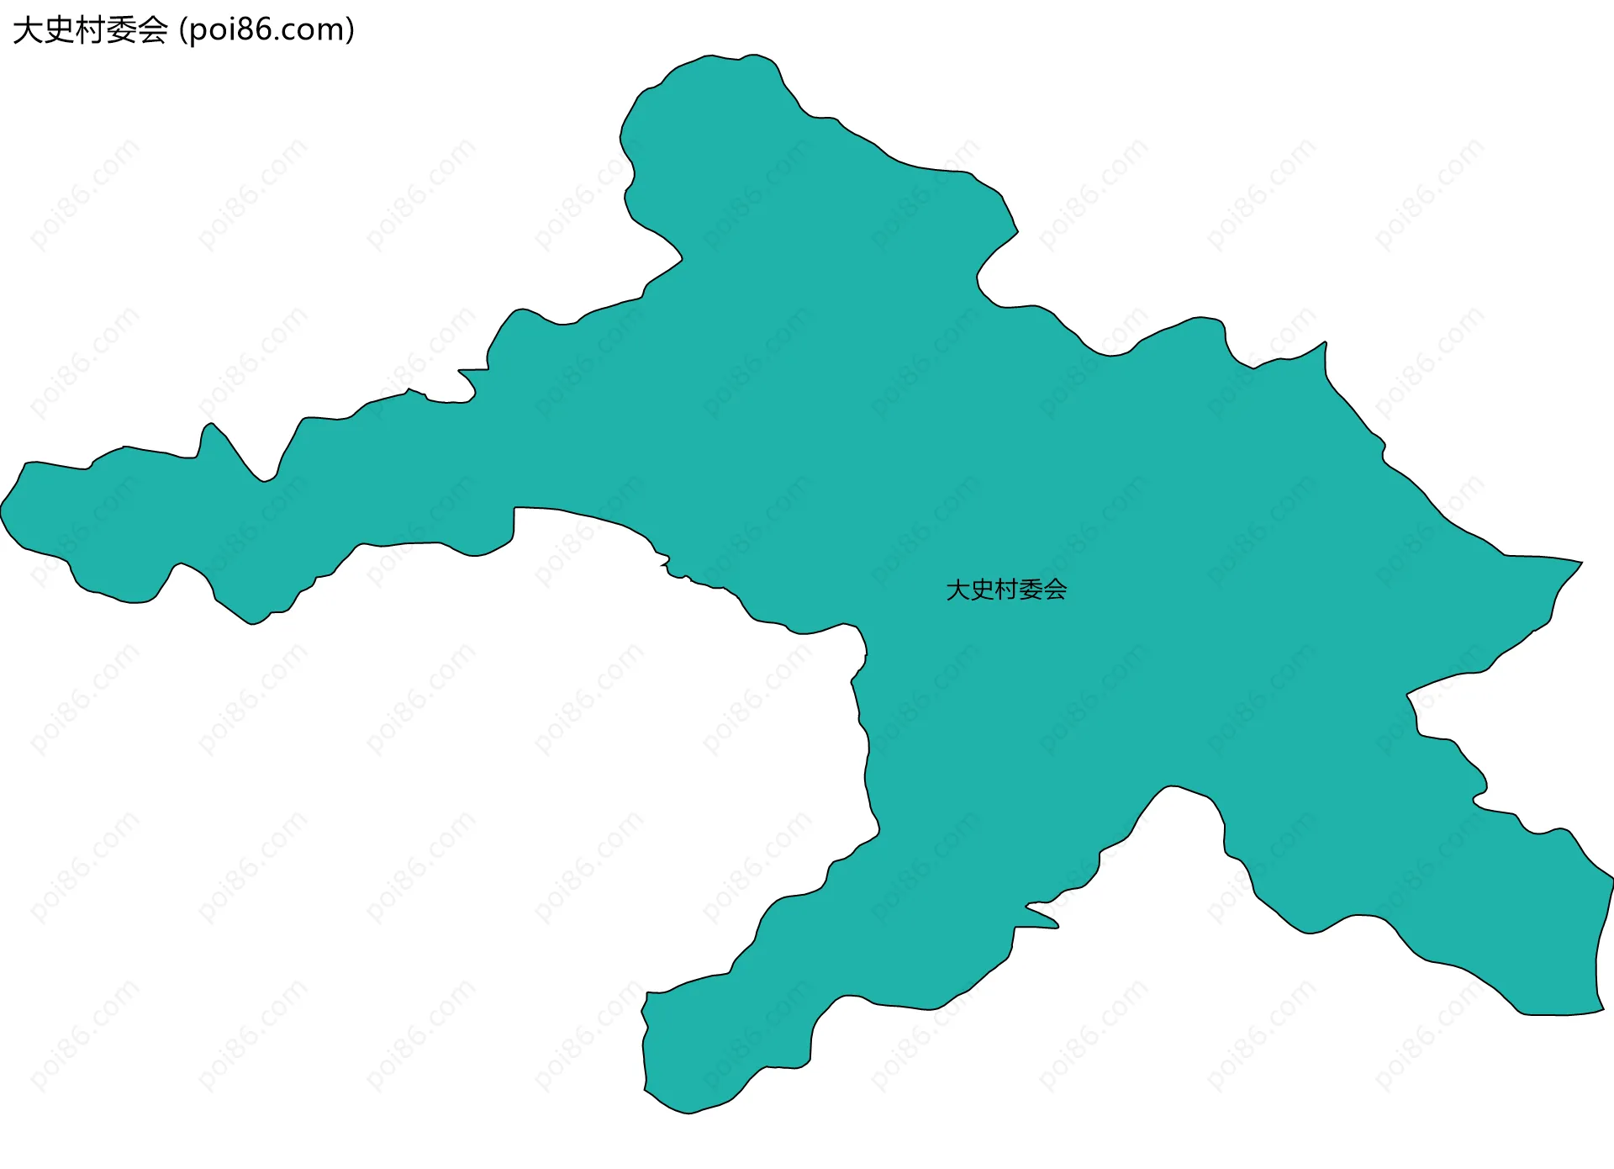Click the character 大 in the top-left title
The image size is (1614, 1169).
(27, 30)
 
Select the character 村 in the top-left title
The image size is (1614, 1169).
(90, 30)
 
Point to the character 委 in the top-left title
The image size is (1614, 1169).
(121, 30)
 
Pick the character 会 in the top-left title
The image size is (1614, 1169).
(152, 30)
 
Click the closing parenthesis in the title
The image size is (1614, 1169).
(350, 30)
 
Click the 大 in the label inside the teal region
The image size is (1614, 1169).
(958, 590)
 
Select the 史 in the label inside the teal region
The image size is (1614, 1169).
(983, 590)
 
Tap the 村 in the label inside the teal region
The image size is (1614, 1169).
(1006, 590)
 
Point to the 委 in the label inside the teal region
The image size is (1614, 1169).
(1031, 590)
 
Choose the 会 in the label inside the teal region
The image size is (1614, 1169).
(1055, 590)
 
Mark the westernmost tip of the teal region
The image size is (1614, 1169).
(2, 510)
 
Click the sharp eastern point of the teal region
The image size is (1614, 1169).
(1581, 562)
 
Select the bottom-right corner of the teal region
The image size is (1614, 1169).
(1602, 1009)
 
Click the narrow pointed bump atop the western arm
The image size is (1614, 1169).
(211, 424)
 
